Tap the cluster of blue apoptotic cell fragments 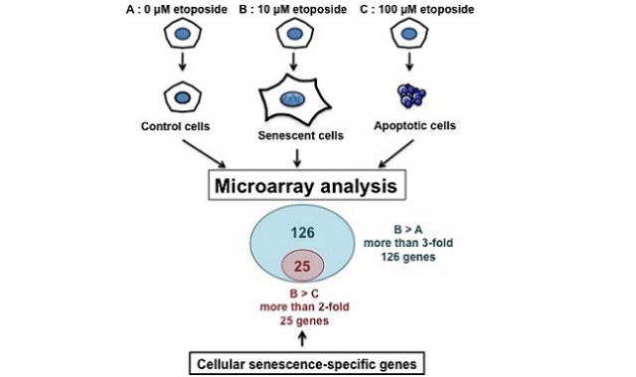coord(409,94)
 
